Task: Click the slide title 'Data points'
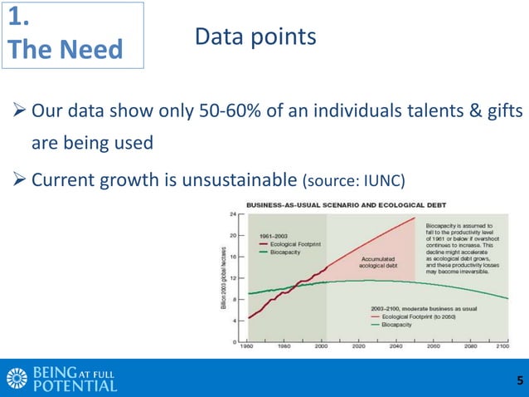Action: (255, 37)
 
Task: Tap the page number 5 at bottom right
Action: (519, 381)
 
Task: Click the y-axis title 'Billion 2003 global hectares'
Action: (224, 278)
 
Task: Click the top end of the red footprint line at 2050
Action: (414, 218)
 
